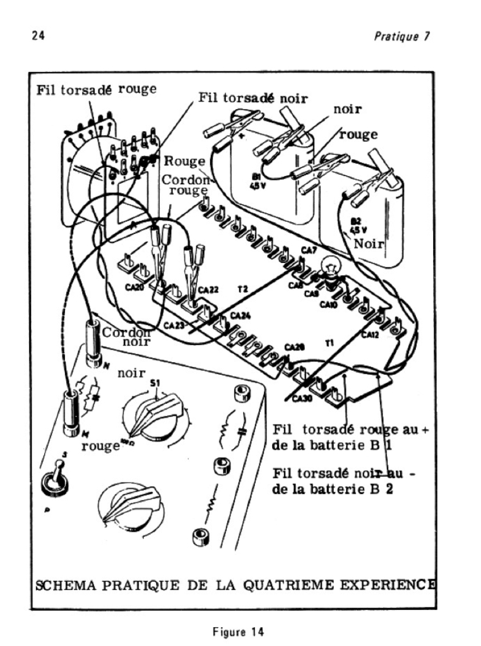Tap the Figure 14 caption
240,630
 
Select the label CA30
302,398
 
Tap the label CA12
371,335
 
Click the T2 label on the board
242,288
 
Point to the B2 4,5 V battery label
359,225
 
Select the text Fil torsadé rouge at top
97,90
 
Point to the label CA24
240,315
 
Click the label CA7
309,251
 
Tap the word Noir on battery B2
367,244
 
